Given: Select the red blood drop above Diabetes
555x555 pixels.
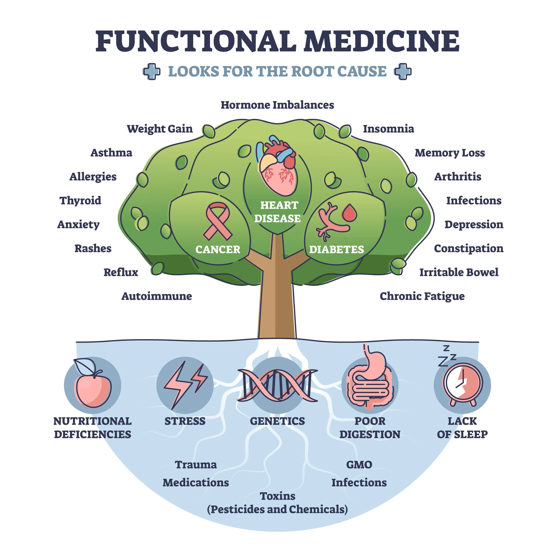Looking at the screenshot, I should pyautogui.click(x=349, y=213).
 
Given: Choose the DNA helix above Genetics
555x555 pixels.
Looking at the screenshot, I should pyautogui.click(x=277, y=385).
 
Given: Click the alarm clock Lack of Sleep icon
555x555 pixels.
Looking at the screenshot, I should pyautogui.click(x=462, y=385).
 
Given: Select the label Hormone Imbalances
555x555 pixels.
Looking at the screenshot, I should pyautogui.click(x=277, y=105).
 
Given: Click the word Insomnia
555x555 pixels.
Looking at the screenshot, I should pyautogui.click(x=388, y=129).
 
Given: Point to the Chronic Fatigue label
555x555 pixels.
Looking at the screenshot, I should pyautogui.click(x=422, y=296).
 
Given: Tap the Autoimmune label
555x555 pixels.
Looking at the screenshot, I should pyautogui.click(x=157, y=296).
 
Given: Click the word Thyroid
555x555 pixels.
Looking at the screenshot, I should pyautogui.click(x=80, y=200).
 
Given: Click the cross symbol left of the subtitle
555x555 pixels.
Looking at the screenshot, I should pyautogui.click(x=151, y=71).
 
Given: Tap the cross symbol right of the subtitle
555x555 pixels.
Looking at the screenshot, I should pyautogui.click(x=403, y=71).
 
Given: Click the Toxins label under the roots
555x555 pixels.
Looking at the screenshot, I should pyautogui.click(x=277, y=496).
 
